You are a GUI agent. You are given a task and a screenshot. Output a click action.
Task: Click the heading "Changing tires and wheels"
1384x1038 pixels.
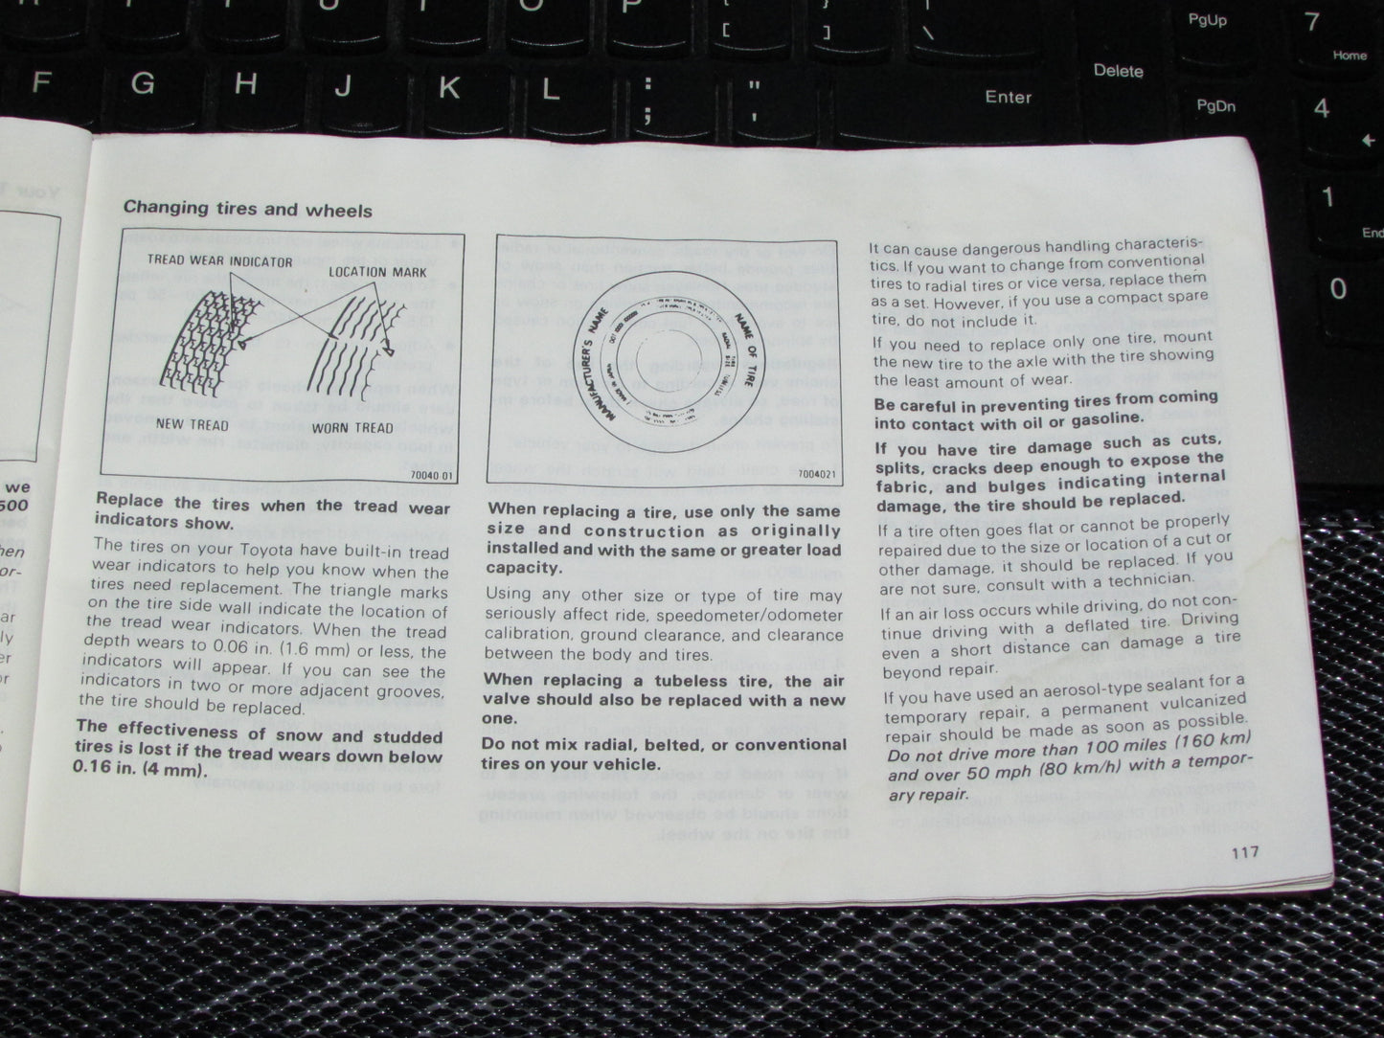[247, 209]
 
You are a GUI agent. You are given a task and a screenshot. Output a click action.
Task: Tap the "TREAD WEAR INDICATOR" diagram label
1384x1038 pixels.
[219, 260]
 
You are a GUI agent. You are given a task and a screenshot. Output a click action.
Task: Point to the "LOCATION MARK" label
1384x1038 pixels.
[377, 272]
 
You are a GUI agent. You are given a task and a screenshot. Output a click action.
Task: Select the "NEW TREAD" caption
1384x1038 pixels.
[192, 424]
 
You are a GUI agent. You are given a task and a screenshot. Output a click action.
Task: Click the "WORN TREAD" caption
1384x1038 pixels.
[352, 427]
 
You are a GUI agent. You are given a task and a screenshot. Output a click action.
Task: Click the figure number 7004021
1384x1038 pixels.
[817, 472]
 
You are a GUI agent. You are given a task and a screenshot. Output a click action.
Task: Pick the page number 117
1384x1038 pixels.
[1245, 852]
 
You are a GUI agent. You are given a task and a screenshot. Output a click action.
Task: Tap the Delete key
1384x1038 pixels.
[1118, 71]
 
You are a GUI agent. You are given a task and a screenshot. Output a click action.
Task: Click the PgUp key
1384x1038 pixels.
[1207, 20]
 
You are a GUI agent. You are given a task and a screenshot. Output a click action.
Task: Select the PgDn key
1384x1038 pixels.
[1215, 105]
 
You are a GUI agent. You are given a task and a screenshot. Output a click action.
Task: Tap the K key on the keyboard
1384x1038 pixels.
[448, 87]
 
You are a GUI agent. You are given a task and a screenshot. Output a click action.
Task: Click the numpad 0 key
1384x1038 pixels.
[1338, 288]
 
